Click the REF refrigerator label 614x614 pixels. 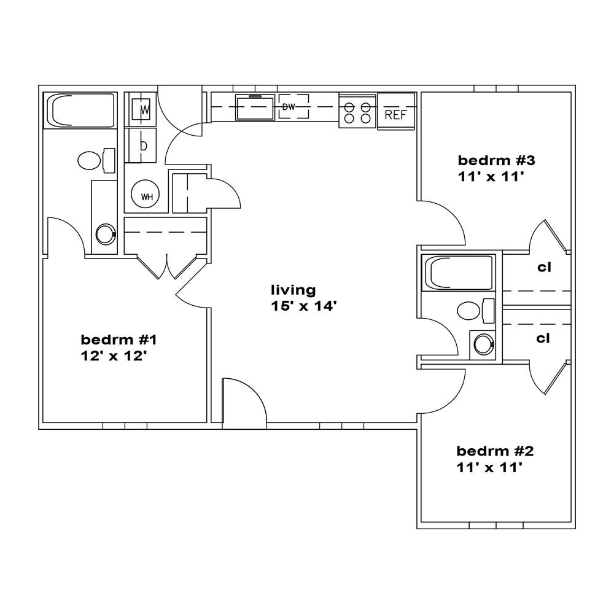[x=396, y=115]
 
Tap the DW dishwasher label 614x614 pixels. [x=289, y=106]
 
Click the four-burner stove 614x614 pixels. [x=357, y=110]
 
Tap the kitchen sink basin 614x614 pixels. [x=255, y=107]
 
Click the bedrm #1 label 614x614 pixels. [x=119, y=340]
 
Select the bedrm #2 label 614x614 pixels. [x=495, y=451]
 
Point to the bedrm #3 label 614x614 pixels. [x=496, y=160]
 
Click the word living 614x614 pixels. [x=293, y=290]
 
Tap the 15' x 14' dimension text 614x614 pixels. [x=304, y=306]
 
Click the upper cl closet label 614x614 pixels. [x=544, y=267]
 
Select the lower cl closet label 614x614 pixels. [x=543, y=338]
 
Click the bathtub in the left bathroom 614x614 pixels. [x=80, y=110]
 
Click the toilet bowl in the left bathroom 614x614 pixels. [x=89, y=160]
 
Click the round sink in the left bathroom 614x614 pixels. [x=106, y=234]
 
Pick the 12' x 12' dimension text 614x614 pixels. [x=114, y=356]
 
